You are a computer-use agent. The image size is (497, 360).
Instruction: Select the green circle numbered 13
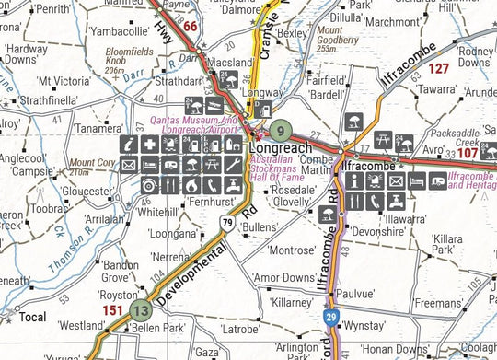coord(140,310)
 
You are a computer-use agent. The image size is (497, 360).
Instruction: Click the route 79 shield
coord(226,221)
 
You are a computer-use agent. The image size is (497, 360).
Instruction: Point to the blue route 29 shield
coord(330,319)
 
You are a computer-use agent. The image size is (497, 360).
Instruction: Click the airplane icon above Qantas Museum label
coord(214,104)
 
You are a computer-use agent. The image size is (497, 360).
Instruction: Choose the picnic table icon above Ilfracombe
coord(383,141)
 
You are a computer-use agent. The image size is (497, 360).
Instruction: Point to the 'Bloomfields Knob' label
coord(128,60)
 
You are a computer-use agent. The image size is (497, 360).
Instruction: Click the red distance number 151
coord(112,310)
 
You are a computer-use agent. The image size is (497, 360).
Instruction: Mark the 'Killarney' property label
coord(293,302)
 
